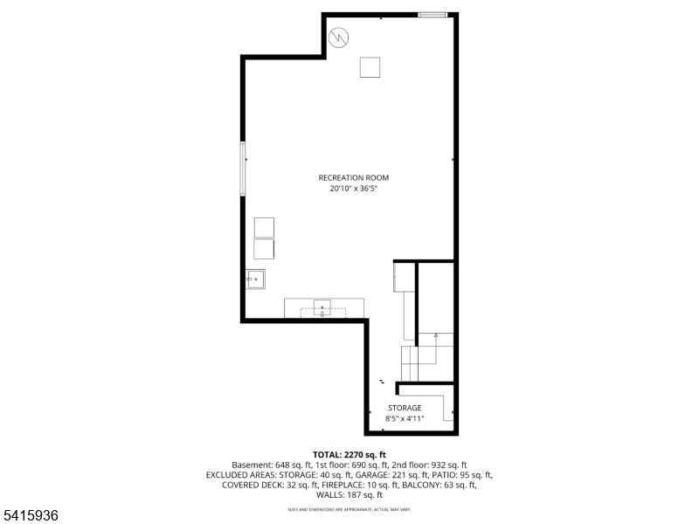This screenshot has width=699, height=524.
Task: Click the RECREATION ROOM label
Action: point(353,178)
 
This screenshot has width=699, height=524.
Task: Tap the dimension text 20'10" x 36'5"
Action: point(353,189)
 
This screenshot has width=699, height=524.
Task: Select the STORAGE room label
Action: point(405,408)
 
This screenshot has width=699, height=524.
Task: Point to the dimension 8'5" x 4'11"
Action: point(405,419)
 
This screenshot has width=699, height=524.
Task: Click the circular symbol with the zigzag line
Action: point(338,38)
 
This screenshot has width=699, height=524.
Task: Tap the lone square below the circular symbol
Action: point(370,67)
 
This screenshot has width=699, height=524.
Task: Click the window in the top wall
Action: point(433,15)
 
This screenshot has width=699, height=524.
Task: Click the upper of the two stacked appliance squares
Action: point(264,227)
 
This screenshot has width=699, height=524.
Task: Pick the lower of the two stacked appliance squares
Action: point(264,249)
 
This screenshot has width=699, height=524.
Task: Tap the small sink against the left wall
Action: point(256,279)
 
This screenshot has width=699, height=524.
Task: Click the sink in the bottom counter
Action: point(323,307)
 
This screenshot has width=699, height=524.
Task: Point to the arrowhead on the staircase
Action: point(434,334)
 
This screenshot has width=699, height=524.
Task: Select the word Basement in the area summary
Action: point(252,465)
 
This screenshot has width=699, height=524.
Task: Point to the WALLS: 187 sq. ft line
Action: point(349,495)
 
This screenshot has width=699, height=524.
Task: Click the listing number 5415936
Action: point(31,516)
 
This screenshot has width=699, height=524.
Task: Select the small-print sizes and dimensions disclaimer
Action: point(349,509)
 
